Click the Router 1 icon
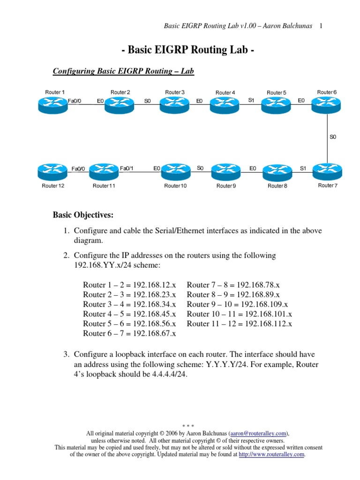pos(53,105)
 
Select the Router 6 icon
pos(327,105)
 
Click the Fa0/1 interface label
pos(127,168)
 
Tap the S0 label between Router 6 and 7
pos(333,137)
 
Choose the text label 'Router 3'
pos(175,92)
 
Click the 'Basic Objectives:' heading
pos(83,215)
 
